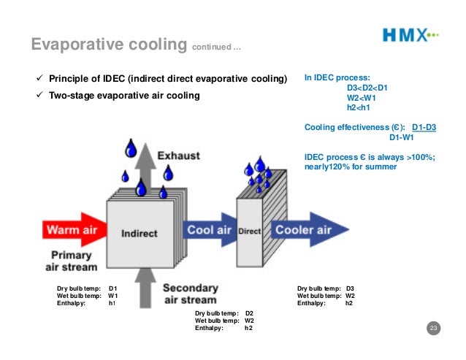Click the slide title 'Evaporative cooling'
tap(109, 45)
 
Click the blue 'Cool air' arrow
tap(209, 230)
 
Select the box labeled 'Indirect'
tap(140, 234)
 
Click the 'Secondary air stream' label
tap(189, 294)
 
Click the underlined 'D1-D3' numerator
tap(424, 127)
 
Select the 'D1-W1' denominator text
tap(402, 137)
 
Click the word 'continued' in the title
tap(213, 48)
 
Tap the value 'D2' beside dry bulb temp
tap(249, 313)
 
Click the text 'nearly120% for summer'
tap(351, 166)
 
